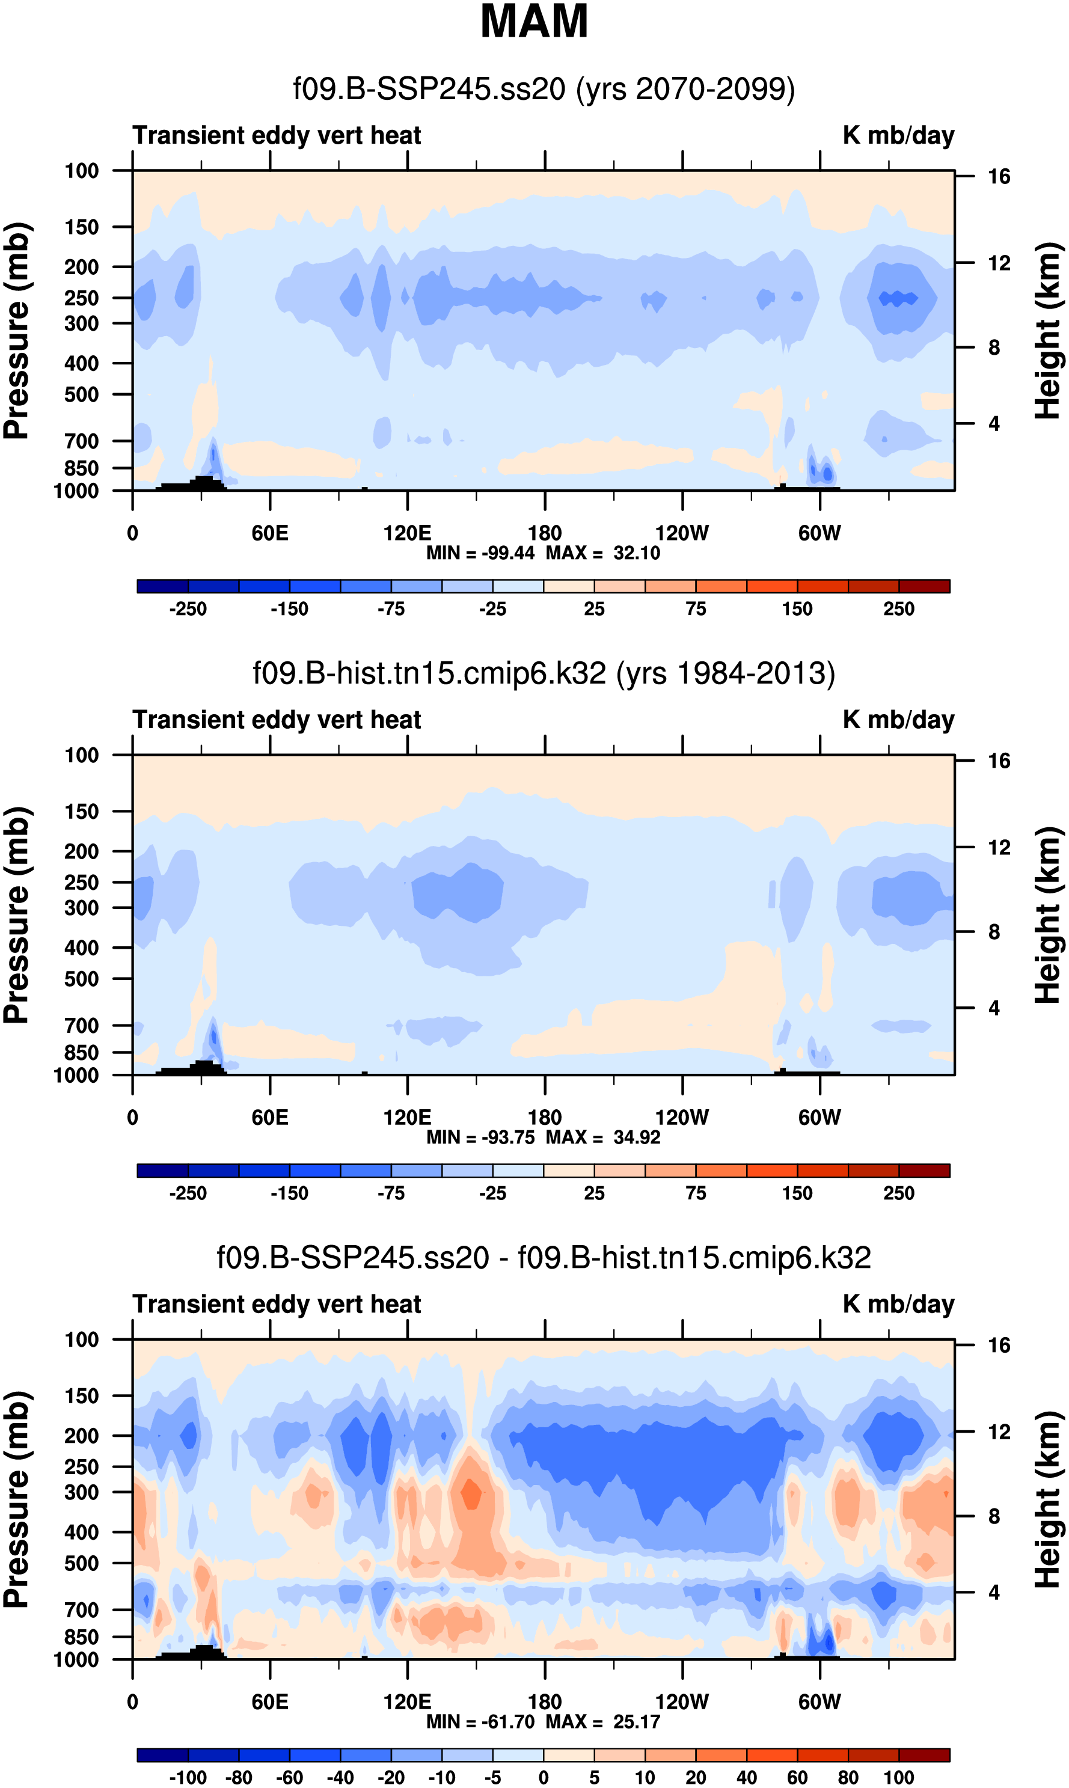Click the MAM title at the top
tap(534, 22)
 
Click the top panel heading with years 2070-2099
tap(544, 90)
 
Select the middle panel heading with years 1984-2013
tap(544, 673)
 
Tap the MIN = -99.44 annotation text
tap(480, 553)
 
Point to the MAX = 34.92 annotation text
tap(603, 1137)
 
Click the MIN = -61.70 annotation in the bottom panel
tap(480, 1721)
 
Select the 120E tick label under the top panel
tap(407, 534)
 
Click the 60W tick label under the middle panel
tap(819, 1118)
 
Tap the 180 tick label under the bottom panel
tap(545, 1701)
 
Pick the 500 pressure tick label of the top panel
tap(81, 394)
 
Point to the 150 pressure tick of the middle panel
tap(81, 812)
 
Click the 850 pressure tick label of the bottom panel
tap(81, 1636)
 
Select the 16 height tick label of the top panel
tap(999, 176)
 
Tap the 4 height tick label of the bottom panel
tap(994, 1592)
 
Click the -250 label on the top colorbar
tap(188, 609)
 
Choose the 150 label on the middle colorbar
tap(797, 1193)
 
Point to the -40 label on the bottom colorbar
tap(340, 1777)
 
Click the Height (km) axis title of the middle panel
tap(1048, 915)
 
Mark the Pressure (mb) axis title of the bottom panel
tap(16, 1500)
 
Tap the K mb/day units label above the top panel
tap(898, 135)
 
